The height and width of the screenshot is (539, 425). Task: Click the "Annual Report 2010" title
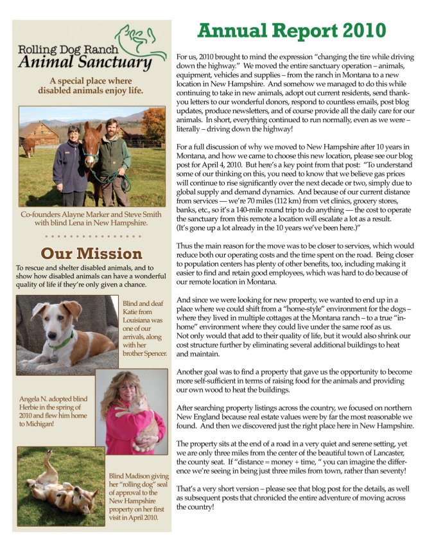point(291,30)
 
